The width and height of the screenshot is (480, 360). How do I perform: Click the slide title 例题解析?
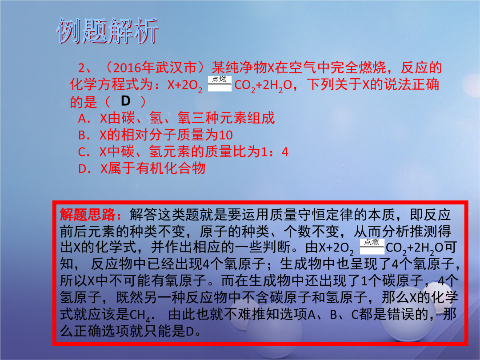(x=107, y=31)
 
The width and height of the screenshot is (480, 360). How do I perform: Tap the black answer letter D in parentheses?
(x=125, y=101)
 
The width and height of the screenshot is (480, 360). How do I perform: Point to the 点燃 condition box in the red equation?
(x=220, y=84)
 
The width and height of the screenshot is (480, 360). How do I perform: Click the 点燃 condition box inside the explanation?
(x=372, y=246)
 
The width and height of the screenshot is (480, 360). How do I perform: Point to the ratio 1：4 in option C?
(x=274, y=152)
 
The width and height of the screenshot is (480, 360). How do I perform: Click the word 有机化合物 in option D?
(x=171, y=168)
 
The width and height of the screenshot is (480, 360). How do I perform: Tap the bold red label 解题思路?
(x=88, y=215)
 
